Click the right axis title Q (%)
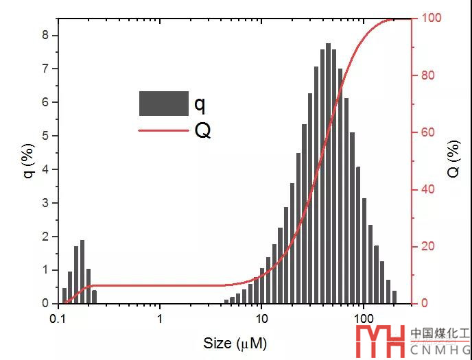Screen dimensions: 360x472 tap(453, 160)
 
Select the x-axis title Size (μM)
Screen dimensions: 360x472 tap(235, 342)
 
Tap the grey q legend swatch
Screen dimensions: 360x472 tap(163, 104)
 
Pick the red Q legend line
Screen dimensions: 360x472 tap(163, 130)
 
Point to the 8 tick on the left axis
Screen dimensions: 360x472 tap(46, 35)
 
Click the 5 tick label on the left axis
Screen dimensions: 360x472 tap(46, 136)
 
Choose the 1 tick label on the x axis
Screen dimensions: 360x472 tap(160, 318)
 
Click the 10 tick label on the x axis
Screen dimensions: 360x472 tap(261, 318)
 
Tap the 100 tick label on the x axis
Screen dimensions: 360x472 tap(362, 318)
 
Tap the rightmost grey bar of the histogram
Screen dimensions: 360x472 tap(394, 297)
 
